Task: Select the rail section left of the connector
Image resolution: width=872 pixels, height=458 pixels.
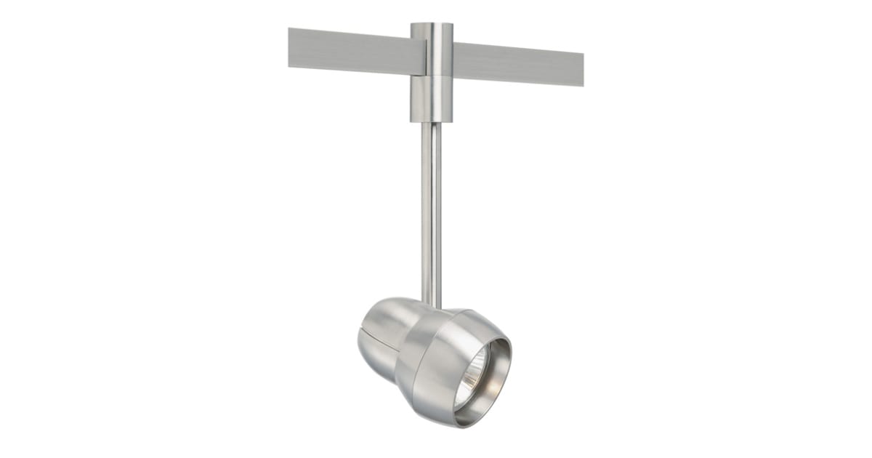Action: [349, 52]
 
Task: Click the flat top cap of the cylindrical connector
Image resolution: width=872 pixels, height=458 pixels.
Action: [432, 25]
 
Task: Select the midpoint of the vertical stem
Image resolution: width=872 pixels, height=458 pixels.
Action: [431, 211]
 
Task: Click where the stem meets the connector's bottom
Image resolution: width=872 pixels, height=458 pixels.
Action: [431, 124]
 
